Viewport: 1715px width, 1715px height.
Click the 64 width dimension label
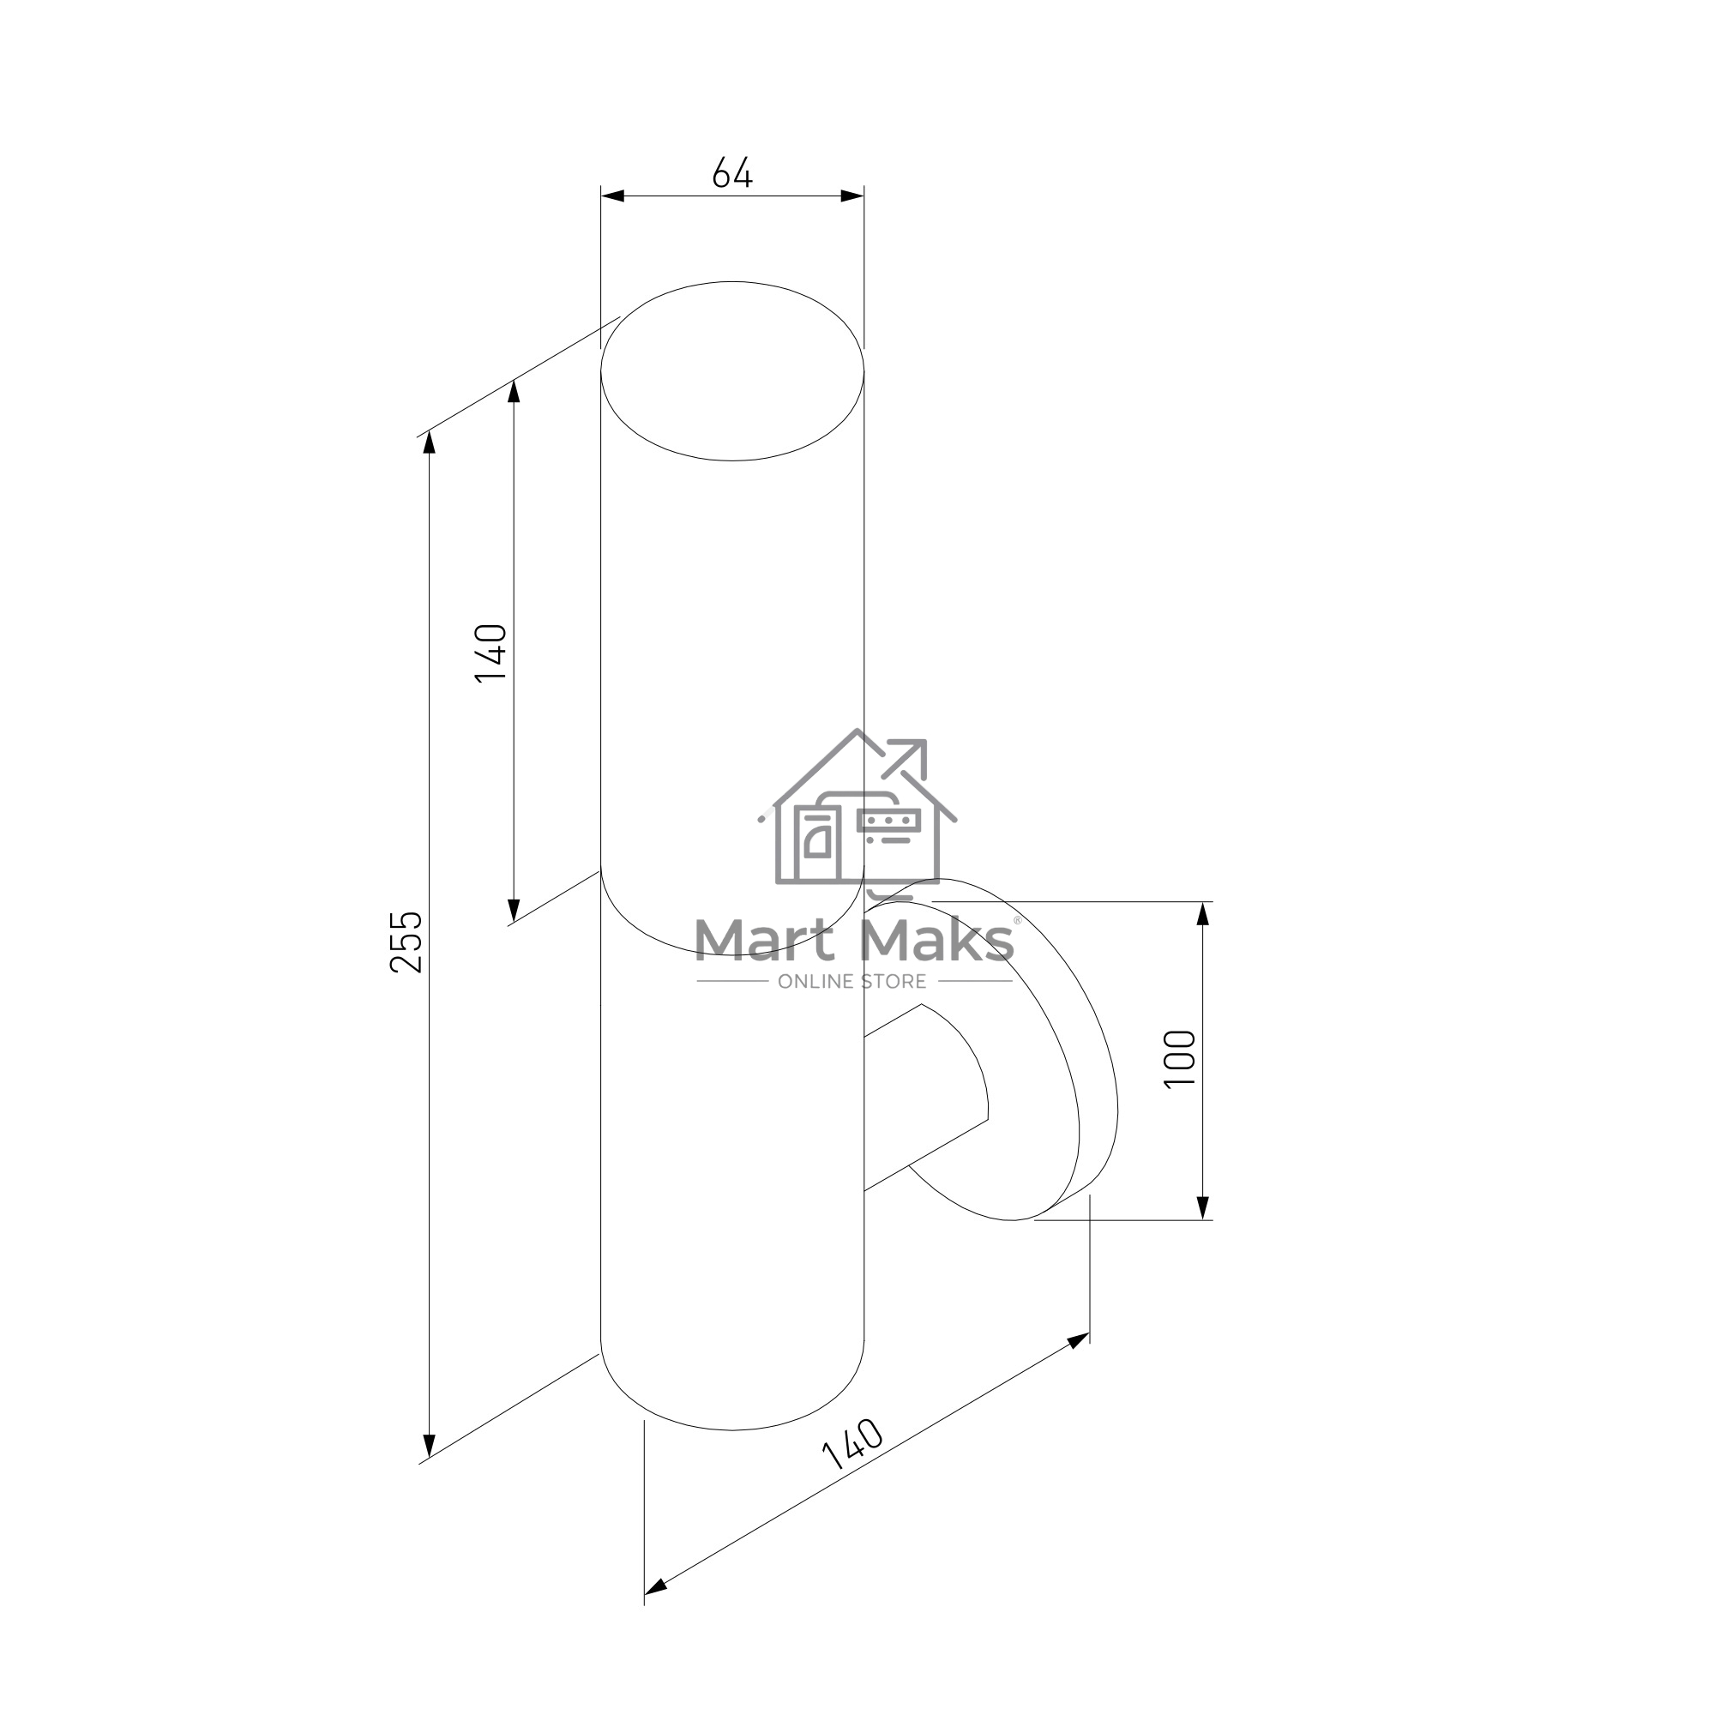pyautogui.click(x=732, y=172)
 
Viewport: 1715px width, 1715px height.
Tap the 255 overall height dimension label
pyautogui.click(x=407, y=941)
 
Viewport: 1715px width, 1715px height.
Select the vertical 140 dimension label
pyautogui.click(x=490, y=653)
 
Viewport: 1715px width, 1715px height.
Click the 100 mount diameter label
pyautogui.click(x=1180, y=1058)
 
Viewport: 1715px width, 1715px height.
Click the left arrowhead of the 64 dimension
pyautogui.click(x=612, y=196)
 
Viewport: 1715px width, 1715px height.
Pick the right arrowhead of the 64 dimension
pyautogui.click(x=852, y=196)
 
